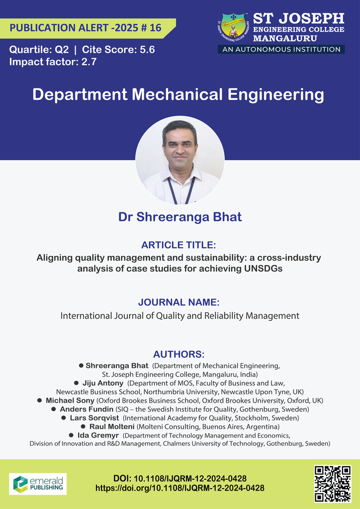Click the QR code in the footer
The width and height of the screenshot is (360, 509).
pyautogui.click(x=333, y=483)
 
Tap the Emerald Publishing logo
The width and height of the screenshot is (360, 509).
pyautogui.click(x=38, y=484)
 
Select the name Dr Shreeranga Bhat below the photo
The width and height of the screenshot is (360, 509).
pyautogui.click(x=180, y=217)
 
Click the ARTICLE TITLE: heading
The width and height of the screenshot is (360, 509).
pyautogui.click(x=179, y=245)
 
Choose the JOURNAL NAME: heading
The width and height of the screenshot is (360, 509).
pyautogui.click(x=179, y=302)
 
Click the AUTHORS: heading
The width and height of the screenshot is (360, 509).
pyautogui.click(x=179, y=354)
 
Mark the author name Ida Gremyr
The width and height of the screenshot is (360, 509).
pyautogui.click(x=98, y=435)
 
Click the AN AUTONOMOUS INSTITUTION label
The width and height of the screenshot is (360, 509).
pyautogui.click(x=281, y=49)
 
